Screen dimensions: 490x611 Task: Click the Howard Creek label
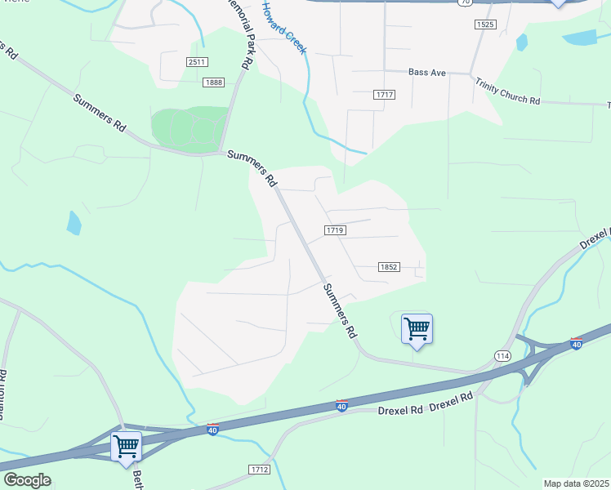(283, 28)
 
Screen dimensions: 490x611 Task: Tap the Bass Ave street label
(427, 73)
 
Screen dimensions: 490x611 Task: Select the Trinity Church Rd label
(508, 90)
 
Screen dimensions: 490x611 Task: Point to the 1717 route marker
(385, 96)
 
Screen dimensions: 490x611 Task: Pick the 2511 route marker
(197, 62)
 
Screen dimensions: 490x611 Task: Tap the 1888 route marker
(215, 82)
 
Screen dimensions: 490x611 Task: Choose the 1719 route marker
(335, 231)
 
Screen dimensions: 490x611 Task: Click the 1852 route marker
(389, 267)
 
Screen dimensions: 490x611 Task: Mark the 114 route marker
(502, 356)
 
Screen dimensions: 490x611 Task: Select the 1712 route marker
(259, 470)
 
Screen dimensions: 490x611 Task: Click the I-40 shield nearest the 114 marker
(577, 345)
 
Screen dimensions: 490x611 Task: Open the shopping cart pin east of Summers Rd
(417, 329)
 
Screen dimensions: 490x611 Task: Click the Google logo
(27, 480)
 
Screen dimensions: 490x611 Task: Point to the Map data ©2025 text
(575, 483)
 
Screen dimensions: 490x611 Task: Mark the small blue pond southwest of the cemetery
(74, 222)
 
